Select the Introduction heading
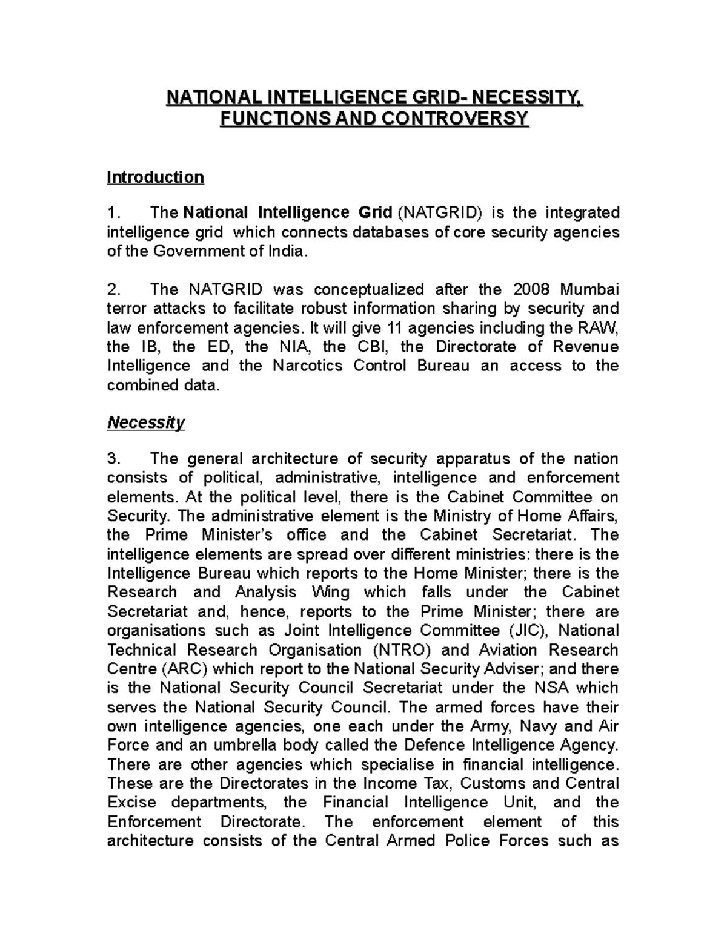click(155, 177)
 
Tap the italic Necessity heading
click(145, 422)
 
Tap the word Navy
click(538, 726)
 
